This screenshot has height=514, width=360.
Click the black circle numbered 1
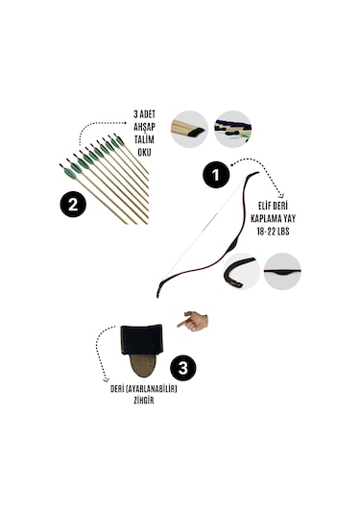coord(216,175)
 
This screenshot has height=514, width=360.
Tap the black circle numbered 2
coord(73,205)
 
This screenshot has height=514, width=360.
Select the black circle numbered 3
coord(182,367)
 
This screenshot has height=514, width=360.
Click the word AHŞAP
coord(144,127)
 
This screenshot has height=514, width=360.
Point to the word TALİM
coord(144,139)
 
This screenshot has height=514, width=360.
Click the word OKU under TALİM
coord(144,152)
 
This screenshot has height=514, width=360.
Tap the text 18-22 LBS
coord(273,232)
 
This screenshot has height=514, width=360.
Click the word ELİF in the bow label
coord(265,207)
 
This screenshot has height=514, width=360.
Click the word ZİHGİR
coord(144,401)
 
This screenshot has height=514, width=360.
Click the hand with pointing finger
coord(193,321)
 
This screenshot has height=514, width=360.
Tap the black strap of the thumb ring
coord(141,339)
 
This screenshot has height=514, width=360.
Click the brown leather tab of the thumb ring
coord(143,366)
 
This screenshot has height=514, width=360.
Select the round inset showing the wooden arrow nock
coord(189,129)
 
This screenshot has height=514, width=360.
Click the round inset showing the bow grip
coord(282,271)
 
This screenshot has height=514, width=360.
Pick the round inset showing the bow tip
coord(241,272)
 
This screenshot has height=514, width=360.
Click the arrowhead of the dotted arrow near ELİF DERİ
coord(280,195)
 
